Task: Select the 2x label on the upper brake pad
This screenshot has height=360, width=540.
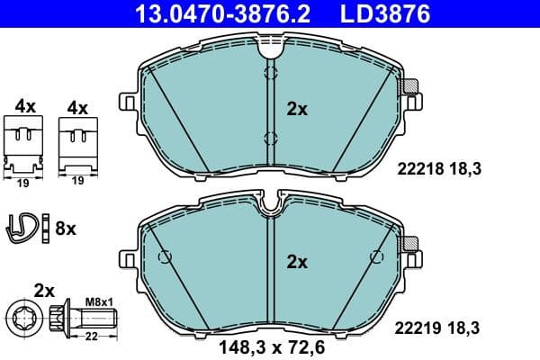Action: [x=296, y=110]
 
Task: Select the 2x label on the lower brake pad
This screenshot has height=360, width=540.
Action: [x=296, y=263]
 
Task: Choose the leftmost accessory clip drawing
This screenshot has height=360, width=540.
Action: [x=25, y=144]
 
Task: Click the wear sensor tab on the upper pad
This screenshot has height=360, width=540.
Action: [x=411, y=88]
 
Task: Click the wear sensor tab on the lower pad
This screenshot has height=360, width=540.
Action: [x=411, y=243]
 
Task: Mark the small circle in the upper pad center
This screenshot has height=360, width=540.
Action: [x=269, y=137]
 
